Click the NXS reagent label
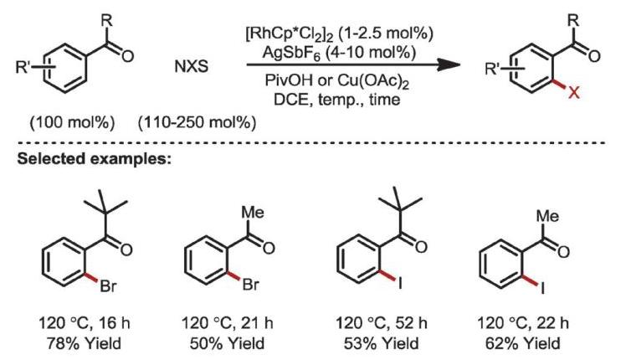coord(192,66)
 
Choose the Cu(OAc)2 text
coord(373,81)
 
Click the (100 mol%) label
coord(72,123)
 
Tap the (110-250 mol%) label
coord(197,123)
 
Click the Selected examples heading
coord(95,158)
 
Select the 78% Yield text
coord(84,343)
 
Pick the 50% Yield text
coord(227,343)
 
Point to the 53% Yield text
coord(381,343)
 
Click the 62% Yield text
coord(523,343)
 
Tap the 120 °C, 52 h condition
coord(382,323)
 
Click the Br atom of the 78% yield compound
coord(109,285)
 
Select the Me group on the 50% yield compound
coord(253,213)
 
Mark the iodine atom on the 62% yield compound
coord(543,287)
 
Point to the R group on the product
coord(573,21)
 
